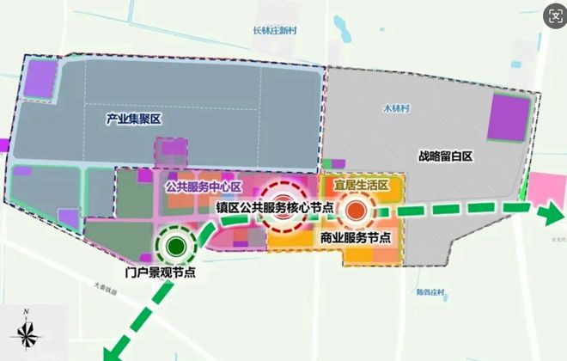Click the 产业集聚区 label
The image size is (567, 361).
(x=134, y=119)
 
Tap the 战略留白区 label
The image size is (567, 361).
(x=448, y=156)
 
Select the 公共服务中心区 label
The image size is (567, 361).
(x=202, y=186)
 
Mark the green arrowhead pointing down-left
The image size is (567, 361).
(x=111, y=349)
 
